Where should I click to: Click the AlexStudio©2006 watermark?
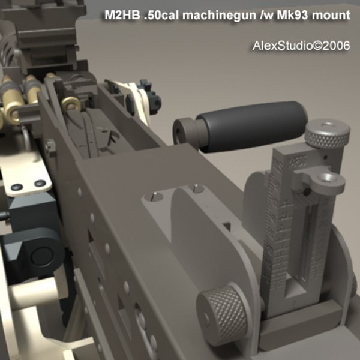point(301,46)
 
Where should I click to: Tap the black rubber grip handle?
point(252,123)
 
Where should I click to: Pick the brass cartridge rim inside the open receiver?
point(71,106)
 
